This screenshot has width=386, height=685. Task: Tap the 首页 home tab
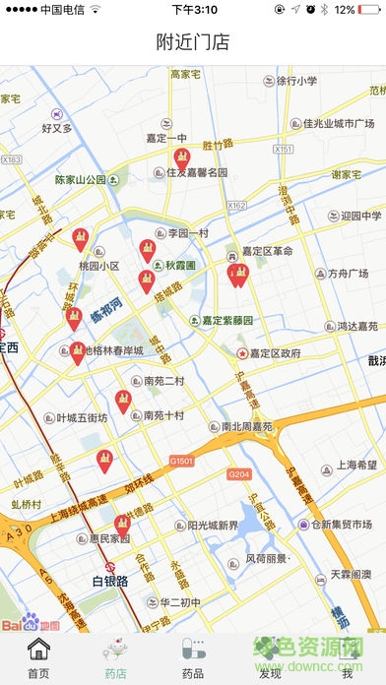pyautogui.click(x=38, y=658)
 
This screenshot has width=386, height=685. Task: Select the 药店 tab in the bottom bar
pyautogui.click(x=115, y=658)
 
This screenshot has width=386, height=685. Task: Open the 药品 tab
pyautogui.click(x=193, y=658)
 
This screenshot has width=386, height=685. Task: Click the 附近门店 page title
pyautogui.click(x=193, y=41)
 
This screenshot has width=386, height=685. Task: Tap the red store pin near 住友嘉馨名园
pyautogui.click(x=181, y=158)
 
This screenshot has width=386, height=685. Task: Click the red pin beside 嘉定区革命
pyautogui.click(x=236, y=275)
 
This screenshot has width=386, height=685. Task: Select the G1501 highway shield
pyautogui.click(x=182, y=460)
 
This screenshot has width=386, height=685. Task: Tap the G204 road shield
pyautogui.click(x=239, y=474)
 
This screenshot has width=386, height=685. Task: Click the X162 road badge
pyautogui.click(x=236, y=205)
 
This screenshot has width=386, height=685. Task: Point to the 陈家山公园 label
pyautogui.click(x=81, y=180)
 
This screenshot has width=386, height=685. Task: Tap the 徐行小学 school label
pyautogui.click(x=296, y=81)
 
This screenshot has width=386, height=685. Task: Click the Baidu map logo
pyautogui.click(x=30, y=624)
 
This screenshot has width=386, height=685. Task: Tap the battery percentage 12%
pyautogui.click(x=344, y=9)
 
